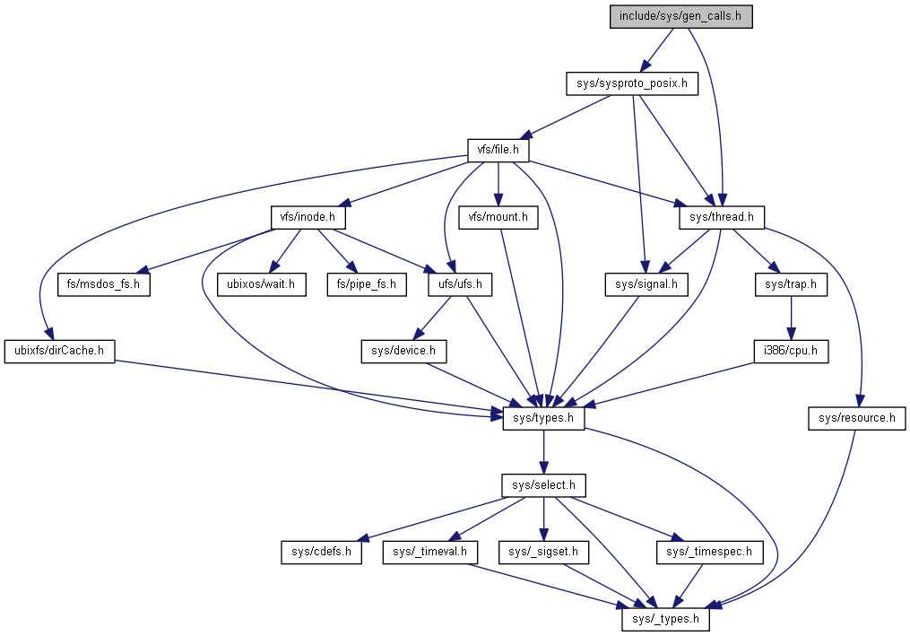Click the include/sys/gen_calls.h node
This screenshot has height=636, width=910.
coord(680,16)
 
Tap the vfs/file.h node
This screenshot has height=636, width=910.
coord(498,150)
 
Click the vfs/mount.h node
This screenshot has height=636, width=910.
coord(498,217)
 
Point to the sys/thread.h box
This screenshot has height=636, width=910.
coord(725,217)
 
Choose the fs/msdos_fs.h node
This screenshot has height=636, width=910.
coord(103,285)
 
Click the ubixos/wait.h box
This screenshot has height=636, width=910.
coord(261,285)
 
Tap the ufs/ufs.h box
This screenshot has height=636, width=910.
coord(460,285)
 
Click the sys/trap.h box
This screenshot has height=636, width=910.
coord(790,285)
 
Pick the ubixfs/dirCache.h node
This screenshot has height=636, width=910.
coord(60,352)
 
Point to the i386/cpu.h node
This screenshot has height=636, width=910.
coord(790,352)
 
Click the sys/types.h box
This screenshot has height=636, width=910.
coord(542,418)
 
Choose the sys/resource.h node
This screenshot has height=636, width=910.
coord(857,418)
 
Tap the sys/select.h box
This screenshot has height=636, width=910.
coord(543,485)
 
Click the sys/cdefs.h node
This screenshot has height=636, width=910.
coord(321,552)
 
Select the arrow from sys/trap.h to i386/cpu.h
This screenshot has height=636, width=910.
coord(790,318)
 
